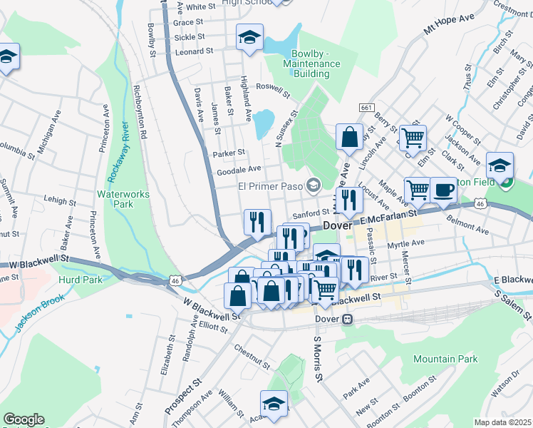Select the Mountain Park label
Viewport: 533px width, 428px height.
[445, 359]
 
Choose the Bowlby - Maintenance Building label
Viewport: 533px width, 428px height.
[316, 63]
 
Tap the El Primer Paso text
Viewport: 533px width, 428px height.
[269, 186]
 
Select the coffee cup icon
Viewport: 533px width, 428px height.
[444, 190]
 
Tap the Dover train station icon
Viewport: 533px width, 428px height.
[348, 319]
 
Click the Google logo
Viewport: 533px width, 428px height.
[23, 419]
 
